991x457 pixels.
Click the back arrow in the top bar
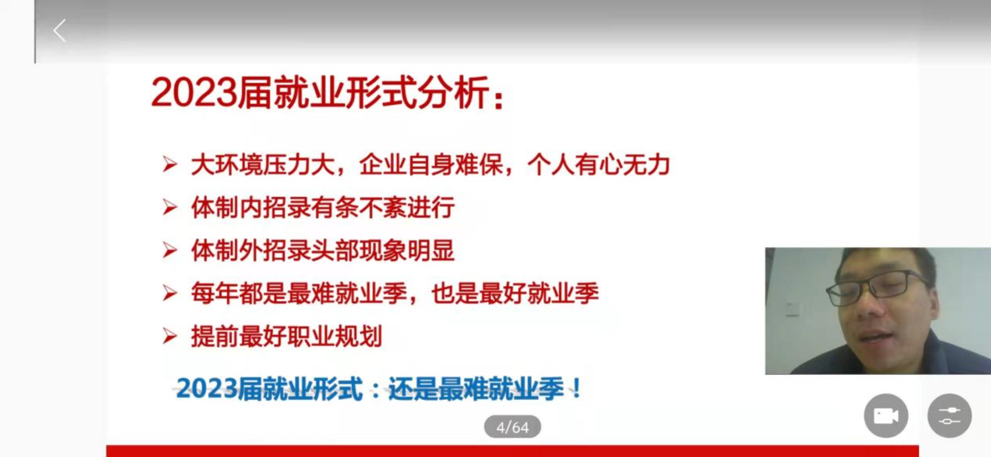coord(59,31)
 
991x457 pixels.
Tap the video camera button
coord(886,416)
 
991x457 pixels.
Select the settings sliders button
coord(949,416)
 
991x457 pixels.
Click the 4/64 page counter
coord(512,427)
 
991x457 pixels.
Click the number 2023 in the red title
coord(194,93)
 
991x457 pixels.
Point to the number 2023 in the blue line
coord(207,389)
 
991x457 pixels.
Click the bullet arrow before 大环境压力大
coord(170,165)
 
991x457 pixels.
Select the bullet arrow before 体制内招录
coord(170,208)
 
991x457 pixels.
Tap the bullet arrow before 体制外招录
coord(170,251)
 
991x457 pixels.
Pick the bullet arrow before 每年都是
coord(170,293)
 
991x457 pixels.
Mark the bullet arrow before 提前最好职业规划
coord(170,336)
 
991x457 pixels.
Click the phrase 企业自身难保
coord(431,165)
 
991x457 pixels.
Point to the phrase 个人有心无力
coord(598,165)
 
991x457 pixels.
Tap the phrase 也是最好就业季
coord(514,293)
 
